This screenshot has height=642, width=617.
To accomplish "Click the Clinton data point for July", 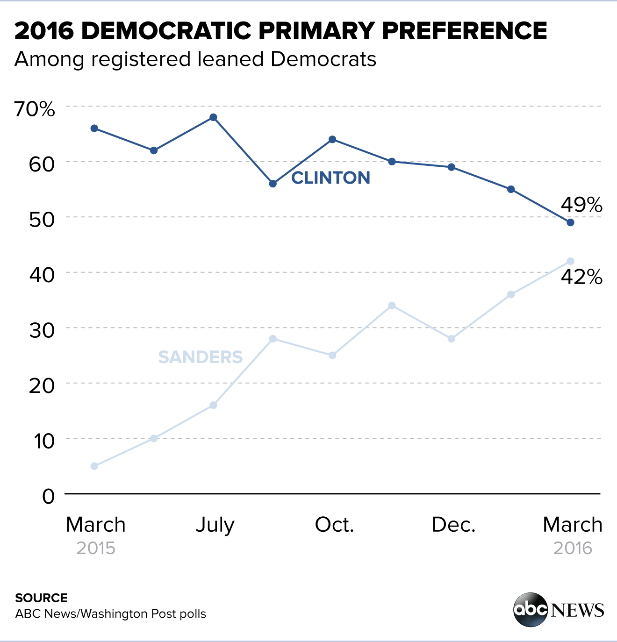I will [x=213, y=117].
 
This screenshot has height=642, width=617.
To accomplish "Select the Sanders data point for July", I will [x=213, y=405].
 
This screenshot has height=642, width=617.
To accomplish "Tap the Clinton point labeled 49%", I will [x=570, y=222].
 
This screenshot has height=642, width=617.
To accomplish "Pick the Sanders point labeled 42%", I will [x=570, y=261].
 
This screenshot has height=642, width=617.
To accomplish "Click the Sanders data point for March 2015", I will [x=94, y=466].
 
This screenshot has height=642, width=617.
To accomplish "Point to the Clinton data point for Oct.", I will [x=332, y=139].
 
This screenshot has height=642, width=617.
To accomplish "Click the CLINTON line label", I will [x=330, y=178].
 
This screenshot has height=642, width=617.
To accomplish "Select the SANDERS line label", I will [x=200, y=357].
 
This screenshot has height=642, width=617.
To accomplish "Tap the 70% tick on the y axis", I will [x=35, y=109].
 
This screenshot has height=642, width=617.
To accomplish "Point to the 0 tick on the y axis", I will [x=49, y=496].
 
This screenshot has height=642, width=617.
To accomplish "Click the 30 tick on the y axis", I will [x=42, y=330].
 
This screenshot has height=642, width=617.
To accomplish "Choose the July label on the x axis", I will [x=215, y=525].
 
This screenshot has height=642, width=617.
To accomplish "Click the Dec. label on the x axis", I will [x=453, y=525].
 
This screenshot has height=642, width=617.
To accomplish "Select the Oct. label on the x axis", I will [x=334, y=525].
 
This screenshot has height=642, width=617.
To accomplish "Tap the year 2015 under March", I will [x=96, y=548].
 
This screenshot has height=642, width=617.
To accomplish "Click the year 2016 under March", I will [x=573, y=548].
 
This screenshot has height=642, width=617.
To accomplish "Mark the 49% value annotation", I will [x=581, y=205].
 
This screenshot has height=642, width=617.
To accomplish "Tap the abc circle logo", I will [x=531, y=609].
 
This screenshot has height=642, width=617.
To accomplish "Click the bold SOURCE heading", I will [x=41, y=598].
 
